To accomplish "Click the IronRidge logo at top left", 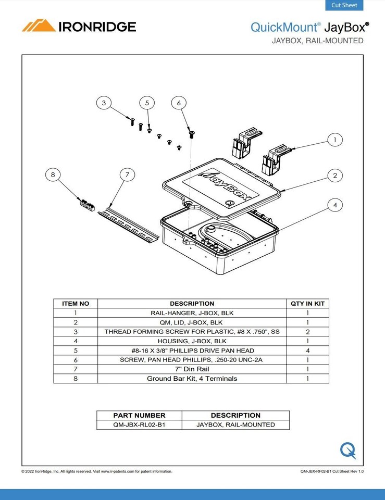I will tap(79, 26).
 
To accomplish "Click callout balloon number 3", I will tap(104, 103).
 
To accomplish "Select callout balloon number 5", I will tap(147, 103).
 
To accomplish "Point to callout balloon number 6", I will tap(179, 103).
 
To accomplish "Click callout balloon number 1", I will tap(335, 140).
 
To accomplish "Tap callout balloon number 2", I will tap(335, 176).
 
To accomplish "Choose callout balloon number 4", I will tap(335, 206).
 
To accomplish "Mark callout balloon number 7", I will tap(127, 175).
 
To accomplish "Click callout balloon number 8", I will tap(53, 175).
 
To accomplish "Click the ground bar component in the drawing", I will tap(87, 204).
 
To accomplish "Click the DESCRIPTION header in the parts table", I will tap(192, 303).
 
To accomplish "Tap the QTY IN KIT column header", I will tap(307, 303).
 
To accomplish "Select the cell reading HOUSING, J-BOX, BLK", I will tap(192, 341).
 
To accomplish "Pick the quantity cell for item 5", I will tap(307, 351).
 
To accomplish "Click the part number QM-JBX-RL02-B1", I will tap(139, 424).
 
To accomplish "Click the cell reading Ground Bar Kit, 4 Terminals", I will tap(192, 379).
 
